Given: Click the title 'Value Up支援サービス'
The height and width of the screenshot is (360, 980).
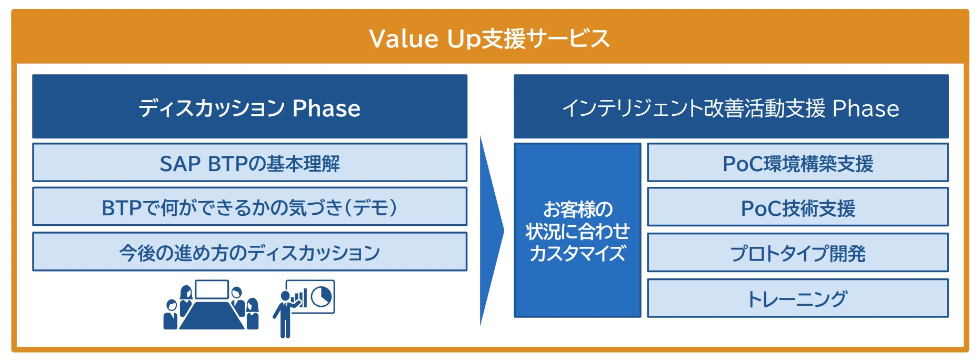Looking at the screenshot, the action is pos(489,38).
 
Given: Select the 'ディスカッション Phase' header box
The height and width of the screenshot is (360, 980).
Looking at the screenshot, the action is pos(249,106).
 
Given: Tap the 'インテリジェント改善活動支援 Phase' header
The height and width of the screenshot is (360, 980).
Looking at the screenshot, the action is pos(731,106).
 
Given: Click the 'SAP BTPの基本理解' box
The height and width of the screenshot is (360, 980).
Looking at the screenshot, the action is pos(249,163).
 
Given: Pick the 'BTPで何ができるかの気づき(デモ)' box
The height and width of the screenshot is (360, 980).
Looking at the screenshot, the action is pos(249,207).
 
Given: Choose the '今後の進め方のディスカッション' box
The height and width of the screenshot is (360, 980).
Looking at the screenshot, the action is pos(249,252).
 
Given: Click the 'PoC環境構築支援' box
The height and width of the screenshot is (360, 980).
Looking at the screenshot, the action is pos(798,163).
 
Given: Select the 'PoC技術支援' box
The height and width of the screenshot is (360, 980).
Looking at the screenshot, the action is pos(798,207).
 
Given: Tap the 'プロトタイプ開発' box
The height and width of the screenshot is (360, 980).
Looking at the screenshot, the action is pos(798,253).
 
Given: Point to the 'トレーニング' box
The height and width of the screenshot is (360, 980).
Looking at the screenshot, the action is pos(798,298).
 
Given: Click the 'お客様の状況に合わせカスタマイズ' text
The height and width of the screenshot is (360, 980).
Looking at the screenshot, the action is pos(577,231).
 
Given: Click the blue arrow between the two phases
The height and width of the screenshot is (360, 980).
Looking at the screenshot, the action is pos(491,231).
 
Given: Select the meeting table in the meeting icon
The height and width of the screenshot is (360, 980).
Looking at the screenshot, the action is pos(212,315).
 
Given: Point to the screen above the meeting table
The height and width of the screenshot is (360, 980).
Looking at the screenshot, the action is pos(212,289).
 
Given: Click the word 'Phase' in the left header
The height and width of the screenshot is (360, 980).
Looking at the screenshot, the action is pos(326,108).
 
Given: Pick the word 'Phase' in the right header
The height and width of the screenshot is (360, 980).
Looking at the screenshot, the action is pos(866,108).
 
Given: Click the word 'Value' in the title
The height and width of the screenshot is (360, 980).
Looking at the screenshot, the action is pos(404,38).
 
